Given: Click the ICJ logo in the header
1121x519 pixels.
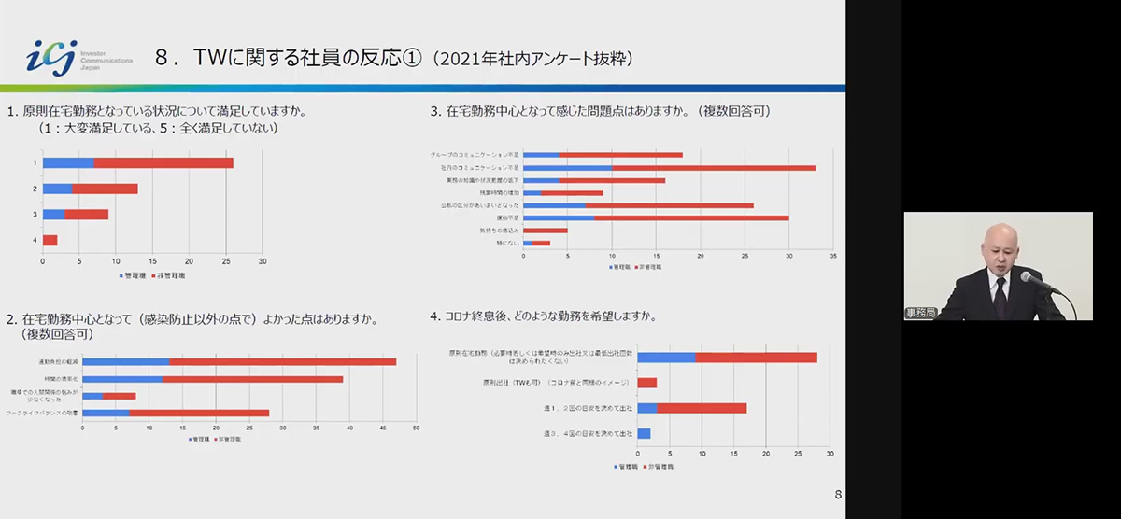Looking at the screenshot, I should pyautogui.click(x=51, y=57).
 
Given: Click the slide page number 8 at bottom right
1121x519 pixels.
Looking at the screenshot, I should pyautogui.click(x=837, y=495).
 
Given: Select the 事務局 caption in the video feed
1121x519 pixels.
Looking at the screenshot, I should pyautogui.click(x=920, y=314).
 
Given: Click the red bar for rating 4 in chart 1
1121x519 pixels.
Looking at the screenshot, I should pyautogui.click(x=50, y=240).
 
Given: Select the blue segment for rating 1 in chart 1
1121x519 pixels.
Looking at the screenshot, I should pyautogui.click(x=68, y=163).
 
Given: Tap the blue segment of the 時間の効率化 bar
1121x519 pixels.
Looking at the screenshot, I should pyautogui.click(x=122, y=379).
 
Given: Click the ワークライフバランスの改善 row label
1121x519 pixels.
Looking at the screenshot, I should pyautogui.click(x=42, y=413).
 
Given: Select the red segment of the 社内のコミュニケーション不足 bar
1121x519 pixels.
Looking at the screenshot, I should pyautogui.click(x=714, y=168).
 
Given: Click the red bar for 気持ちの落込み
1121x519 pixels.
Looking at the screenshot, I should pyautogui.click(x=546, y=230).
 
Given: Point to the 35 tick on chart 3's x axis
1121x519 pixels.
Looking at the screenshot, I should pyautogui.click(x=832, y=255).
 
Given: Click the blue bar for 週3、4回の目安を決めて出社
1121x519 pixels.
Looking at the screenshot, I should pyautogui.click(x=644, y=434).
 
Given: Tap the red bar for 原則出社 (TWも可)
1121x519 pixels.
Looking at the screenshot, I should pyautogui.click(x=646, y=383).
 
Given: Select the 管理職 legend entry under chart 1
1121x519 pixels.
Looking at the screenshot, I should pyautogui.click(x=133, y=275).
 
